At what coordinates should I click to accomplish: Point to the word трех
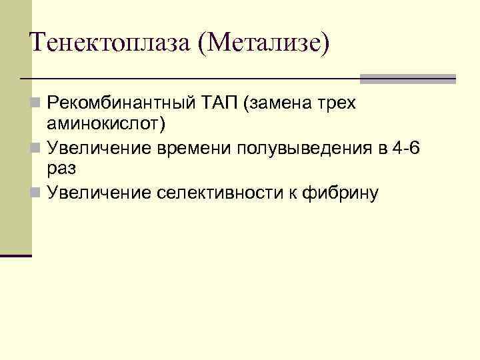pos(336,104)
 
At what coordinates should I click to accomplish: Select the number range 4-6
pos(407,147)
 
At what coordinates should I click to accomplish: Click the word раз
pos(61,169)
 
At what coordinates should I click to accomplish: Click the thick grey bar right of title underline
pos(407,79)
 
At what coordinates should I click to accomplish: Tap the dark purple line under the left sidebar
pos(16,255)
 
